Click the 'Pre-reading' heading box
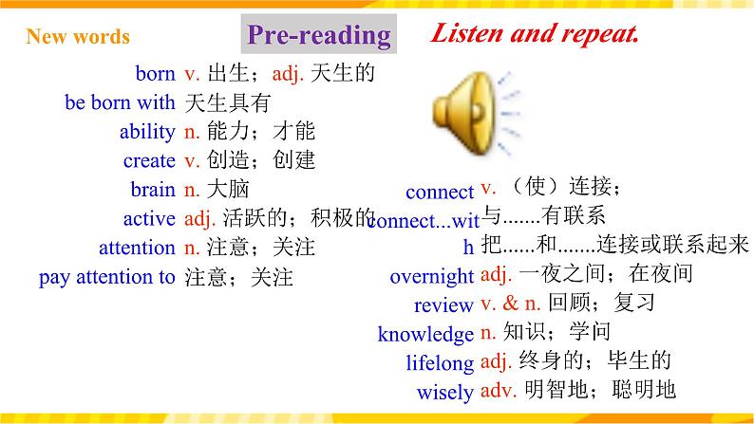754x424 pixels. pos(318,36)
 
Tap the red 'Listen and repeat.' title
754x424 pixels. pos(534,34)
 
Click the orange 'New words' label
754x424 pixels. pos(78,37)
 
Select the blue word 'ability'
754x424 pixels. pos(147,132)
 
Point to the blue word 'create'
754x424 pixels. pos(149,161)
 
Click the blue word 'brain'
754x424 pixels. pos(153,190)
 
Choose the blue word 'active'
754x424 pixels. pos(150,219)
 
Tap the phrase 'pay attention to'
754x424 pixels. pos(106,278)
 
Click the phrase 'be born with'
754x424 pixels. pos(120,102)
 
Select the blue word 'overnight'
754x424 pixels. pos(431,277)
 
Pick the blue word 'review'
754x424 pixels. pos(443,305)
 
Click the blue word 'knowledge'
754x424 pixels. pos(425,334)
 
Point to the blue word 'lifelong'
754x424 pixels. pos(439,362)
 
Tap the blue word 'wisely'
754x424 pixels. pos(444,391)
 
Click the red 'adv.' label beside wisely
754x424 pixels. pos(497,389)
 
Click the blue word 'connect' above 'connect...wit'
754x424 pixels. pos(439,193)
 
